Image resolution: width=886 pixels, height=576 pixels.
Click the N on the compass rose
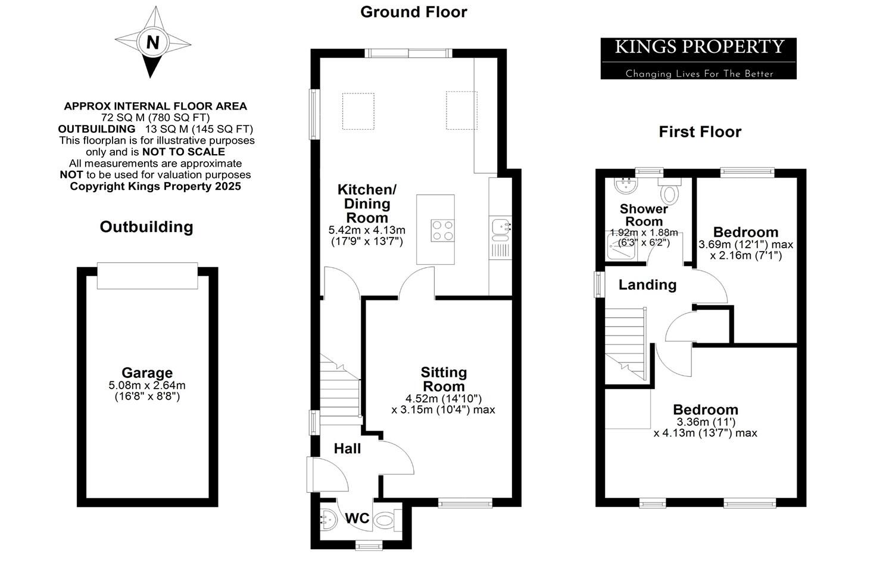coord(153,42)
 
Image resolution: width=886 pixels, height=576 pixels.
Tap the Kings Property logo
coord(698,58)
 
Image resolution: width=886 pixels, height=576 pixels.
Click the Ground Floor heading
coord(413,12)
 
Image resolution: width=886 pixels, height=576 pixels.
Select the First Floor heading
coord(700,132)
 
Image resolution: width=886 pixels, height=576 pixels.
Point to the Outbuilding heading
coord(146,227)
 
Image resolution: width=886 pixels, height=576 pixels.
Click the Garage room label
coord(147,373)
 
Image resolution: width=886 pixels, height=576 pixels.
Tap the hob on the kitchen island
coord(442,230)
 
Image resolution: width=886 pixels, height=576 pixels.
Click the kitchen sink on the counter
coord(500,227)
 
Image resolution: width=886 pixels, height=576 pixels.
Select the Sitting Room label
coord(444,379)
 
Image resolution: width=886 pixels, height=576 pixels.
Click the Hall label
coord(347,449)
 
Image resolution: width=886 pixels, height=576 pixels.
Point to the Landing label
coord(647,285)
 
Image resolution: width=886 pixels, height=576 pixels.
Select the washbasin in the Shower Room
coord(626,186)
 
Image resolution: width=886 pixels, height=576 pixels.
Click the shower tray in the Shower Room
coord(622,249)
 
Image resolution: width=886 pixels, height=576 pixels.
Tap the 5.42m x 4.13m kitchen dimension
coord(367,230)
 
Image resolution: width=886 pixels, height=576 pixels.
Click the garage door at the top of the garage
coord(147,276)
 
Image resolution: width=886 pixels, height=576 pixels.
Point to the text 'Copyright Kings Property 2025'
coord(155,186)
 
